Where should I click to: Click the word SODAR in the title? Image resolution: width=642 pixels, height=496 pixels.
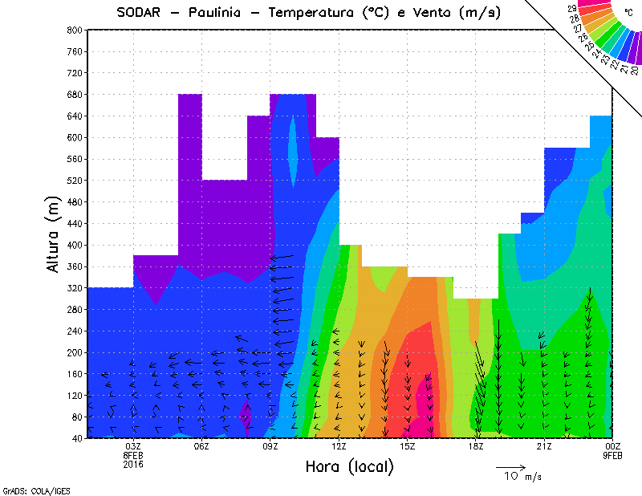[x=141, y=13]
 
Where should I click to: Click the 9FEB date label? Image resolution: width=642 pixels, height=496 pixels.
[x=613, y=456]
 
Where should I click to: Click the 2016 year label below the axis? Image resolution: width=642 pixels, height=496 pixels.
[x=133, y=465]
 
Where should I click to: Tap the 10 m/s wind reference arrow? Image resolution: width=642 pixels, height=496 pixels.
[x=510, y=467]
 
